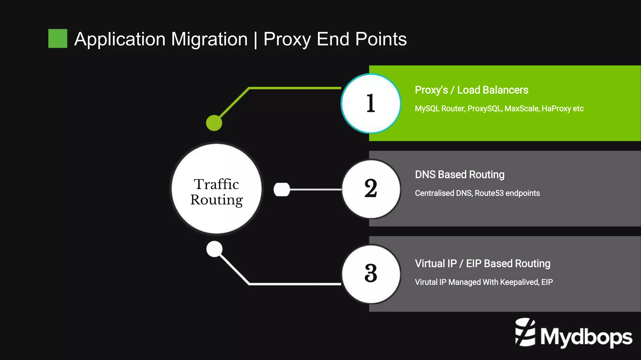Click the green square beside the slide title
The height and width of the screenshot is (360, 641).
[58, 38]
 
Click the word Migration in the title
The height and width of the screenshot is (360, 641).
[209, 39]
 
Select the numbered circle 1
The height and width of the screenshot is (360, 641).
[371, 103]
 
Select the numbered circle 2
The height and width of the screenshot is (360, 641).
[371, 189]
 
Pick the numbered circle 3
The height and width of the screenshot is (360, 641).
[371, 274]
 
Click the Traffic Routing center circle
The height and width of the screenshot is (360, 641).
[217, 189]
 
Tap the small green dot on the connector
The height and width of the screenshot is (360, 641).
[214, 123]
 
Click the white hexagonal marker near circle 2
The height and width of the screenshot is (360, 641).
[282, 190]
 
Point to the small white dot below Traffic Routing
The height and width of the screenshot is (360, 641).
[214, 249]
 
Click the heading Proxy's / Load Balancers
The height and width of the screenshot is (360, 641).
[471, 90]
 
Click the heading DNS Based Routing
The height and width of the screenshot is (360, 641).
[459, 175]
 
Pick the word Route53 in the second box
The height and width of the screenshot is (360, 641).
[489, 193]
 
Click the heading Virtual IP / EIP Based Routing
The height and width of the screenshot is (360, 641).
[482, 264]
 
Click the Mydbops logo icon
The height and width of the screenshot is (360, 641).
[525, 332]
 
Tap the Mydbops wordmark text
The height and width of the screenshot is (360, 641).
[586, 337]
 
